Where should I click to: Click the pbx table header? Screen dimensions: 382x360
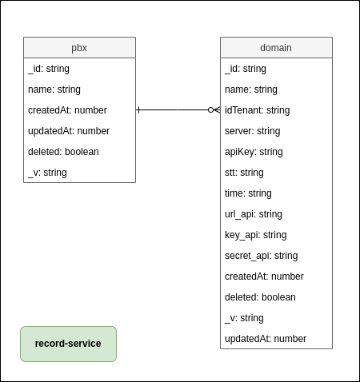tap(79, 48)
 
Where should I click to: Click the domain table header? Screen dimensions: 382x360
tap(276, 48)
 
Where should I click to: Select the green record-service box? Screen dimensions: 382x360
tap(68, 344)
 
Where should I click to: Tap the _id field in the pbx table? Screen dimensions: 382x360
tap(49, 69)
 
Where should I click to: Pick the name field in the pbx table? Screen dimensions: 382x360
tap(54, 90)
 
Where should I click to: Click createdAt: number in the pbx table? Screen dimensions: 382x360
tap(67, 110)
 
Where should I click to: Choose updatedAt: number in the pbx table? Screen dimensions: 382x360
tap(69, 131)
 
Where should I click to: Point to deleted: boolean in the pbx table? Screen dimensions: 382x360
tap(63, 152)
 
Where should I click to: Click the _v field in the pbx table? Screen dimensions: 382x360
tap(47, 173)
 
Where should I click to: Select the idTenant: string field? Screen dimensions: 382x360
tap(257, 110)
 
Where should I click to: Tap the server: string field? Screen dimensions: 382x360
tap(252, 131)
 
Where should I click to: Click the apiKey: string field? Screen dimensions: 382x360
tap(254, 152)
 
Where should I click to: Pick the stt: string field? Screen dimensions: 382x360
tap(244, 173)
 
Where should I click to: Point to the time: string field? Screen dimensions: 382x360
tap(248, 193)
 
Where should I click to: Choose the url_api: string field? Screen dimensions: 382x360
tap(254, 214)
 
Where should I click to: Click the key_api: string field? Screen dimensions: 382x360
tap(255, 235)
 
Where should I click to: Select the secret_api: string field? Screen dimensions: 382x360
tap(261, 256)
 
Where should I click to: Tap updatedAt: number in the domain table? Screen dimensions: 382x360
tap(266, 339)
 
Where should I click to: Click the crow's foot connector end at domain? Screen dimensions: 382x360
tap(214, 109)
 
